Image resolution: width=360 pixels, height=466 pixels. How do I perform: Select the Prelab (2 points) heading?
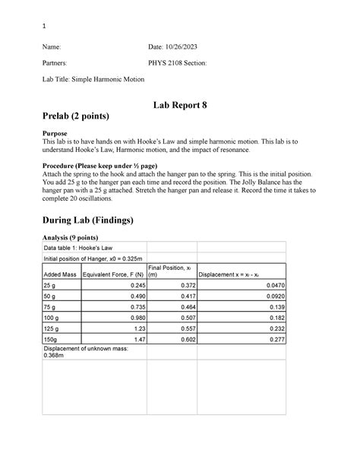(x=81, y=118)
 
